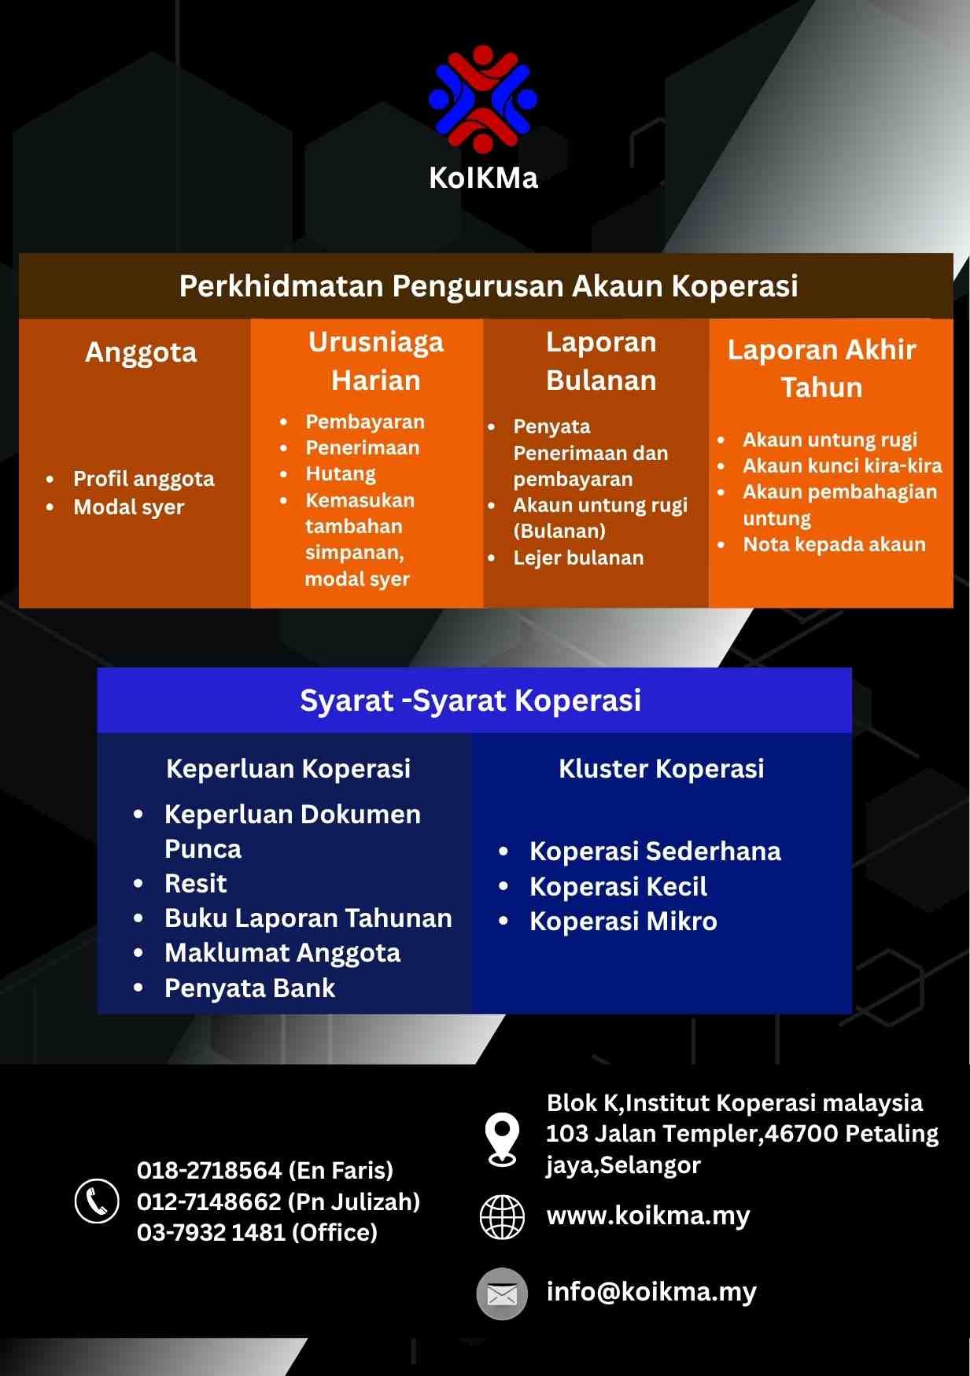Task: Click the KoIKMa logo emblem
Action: [x=483, y=99]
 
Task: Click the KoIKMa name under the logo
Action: [x=483, y=178]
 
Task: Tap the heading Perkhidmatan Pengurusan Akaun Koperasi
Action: [x=489, y=286]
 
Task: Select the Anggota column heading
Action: [x=141, y=353]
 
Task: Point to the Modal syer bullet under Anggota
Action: [x=129, y=508]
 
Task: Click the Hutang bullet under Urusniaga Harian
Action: [x=341, y=474]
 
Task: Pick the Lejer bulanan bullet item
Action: [x=578, y=558]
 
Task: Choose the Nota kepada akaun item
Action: [x=834, y=544]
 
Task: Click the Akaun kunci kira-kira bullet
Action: [x=842, y=465]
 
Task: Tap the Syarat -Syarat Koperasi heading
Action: [x=470, y=701]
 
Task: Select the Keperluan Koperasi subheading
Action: [x=288, y=769]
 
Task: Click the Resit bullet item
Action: [x=195, y=884]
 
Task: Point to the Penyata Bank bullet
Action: [x=249, y=988]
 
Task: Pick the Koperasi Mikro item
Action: [x=623, y=922]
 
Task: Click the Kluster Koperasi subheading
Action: [x=661, y=769]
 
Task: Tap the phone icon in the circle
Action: [x=97, y=1201]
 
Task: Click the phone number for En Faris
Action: [x=264, y=1171]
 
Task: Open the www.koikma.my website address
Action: [x=648, y=1216]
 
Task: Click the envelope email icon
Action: [x=502, y=1293]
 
